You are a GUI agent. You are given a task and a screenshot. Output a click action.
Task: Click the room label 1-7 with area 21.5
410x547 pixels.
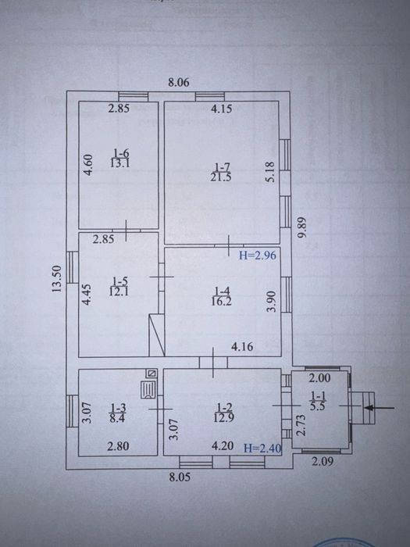(x=221, y=173)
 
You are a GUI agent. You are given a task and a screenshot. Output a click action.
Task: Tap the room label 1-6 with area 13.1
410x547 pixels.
(x=120, y=158)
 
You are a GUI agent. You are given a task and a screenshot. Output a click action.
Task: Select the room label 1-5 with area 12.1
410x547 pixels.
(x=119, y=287)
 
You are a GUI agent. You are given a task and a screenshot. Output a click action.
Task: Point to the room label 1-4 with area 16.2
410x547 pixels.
(x=221, y=296)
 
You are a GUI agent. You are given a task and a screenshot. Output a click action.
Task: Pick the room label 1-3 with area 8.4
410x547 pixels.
(x=118, y=413)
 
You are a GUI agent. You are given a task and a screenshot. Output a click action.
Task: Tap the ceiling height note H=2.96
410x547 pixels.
(x=257, y=256)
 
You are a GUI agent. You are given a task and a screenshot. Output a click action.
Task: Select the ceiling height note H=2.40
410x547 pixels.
(x=262, y=448)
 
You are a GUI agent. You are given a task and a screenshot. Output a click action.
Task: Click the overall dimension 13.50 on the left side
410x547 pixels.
(x=57, y=279)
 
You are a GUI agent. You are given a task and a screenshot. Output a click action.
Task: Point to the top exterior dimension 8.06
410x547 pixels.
(x=179, y=82)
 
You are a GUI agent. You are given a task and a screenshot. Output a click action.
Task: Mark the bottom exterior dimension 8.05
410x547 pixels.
(x=180, y=477)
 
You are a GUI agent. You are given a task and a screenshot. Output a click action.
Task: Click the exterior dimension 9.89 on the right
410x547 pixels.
(x=302, y=228)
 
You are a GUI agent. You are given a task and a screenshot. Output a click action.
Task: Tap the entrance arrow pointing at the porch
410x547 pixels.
(x=379, y=407)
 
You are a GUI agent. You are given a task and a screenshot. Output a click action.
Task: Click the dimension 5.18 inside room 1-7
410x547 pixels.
(x=272, y=171)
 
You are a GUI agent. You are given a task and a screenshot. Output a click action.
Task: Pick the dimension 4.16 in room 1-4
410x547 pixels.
(x=242, y=347)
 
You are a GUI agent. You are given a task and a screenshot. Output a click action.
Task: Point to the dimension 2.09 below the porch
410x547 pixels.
(x=323, y=462)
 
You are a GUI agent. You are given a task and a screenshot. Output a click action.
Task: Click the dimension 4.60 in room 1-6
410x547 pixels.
(x=89, y=165)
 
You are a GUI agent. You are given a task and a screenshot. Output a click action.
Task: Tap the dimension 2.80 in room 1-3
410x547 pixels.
(x=118, y=446)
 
